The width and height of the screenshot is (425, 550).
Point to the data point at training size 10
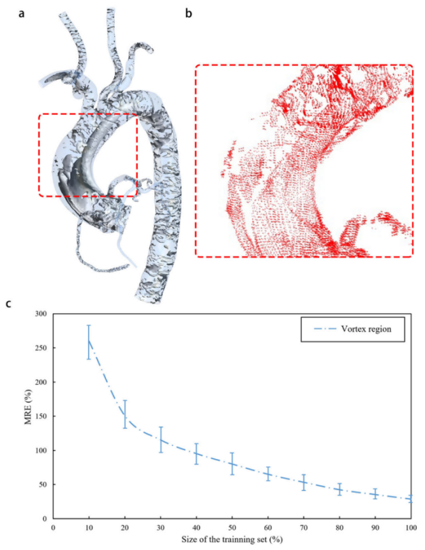point(88,342)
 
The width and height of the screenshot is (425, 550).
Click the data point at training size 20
point(124,414)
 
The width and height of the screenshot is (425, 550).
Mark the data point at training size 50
point(232,464)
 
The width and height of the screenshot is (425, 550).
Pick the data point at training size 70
point(303,482)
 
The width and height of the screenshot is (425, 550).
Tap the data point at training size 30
point(160,440)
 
